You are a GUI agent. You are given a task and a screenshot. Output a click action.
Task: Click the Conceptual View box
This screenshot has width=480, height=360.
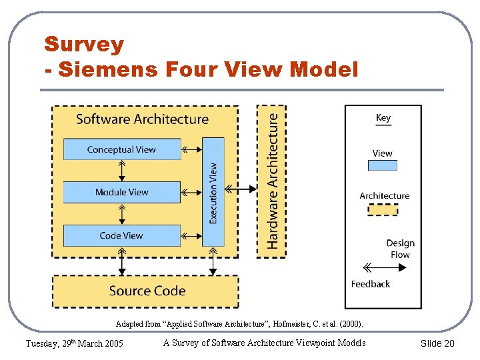coord(121,149)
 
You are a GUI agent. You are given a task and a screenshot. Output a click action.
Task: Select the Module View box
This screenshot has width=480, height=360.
coord(121,192)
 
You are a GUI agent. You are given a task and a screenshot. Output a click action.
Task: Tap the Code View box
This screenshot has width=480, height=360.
coord(121,235)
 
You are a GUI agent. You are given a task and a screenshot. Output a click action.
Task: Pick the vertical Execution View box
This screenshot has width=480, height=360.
coord(213,192)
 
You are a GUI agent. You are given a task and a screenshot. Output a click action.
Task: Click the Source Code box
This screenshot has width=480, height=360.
coord(146,291)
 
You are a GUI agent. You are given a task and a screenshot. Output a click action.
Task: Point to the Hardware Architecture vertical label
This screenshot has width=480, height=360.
coord(272,180)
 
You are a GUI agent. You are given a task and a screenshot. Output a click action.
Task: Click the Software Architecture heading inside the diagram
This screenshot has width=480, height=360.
coord(142,119)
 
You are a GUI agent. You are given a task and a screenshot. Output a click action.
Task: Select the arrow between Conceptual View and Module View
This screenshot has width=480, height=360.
coord(121,171)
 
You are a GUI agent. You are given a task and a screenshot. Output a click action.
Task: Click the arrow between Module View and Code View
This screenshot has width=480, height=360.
coord(121,214)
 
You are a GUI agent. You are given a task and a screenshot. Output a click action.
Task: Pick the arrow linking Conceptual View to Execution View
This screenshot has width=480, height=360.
coord(191,149)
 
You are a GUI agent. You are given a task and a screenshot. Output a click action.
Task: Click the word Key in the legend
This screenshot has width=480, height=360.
coord(383,118)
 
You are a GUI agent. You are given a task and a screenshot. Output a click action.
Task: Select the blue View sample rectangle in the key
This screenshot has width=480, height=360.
coord(383,165)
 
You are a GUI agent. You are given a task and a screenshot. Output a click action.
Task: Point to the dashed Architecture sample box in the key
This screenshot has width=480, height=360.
coord(383,209)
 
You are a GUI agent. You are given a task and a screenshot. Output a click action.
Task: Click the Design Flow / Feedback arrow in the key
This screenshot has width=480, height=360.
coord(385,268)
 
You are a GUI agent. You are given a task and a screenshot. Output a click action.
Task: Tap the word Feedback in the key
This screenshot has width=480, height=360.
coord(371,284)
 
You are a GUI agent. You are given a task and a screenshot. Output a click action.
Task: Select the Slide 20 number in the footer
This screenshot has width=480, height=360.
coord(437,343)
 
